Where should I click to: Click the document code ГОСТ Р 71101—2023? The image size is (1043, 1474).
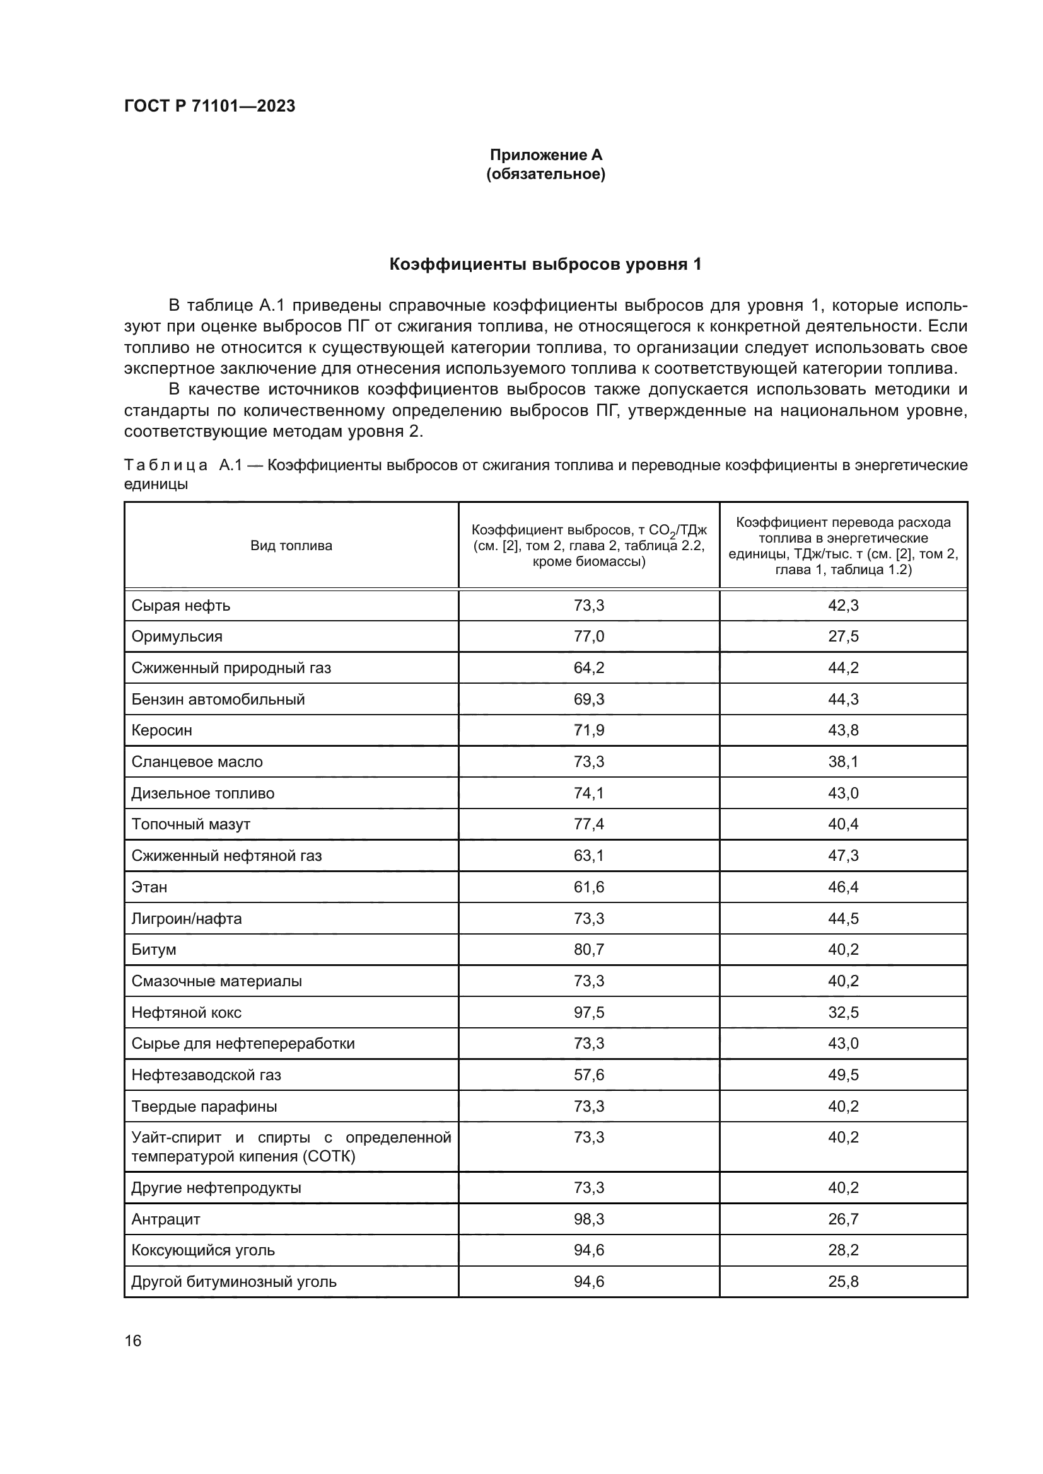[x=209, y=106]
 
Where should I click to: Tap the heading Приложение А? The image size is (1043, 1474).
[x=545, y=155]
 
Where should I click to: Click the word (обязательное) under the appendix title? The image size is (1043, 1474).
[x=545, y=174]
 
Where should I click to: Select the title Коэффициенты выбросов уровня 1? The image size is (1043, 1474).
[x=545, y=264]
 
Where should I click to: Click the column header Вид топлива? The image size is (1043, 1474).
[x=291, y=546]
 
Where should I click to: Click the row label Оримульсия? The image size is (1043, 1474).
[x=177, y=636]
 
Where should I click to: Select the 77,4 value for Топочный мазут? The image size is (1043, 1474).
[x=588, y=824]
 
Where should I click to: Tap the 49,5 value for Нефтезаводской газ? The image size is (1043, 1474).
[x=842, y=1074]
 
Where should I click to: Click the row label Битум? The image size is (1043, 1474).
[x=153, y=950]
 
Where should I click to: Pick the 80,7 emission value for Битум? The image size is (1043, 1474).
[x=588, y=950]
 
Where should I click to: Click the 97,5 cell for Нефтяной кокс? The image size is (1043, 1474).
[x=588, y=1013]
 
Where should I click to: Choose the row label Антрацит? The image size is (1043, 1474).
[x=166, y=1219]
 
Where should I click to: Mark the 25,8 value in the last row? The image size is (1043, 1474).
[x=842, y=1282]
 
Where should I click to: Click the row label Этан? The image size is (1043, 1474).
[x=149, y=887]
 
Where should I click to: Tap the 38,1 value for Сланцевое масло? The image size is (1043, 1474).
[x=842, y=761]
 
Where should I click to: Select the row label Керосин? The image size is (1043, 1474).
[x=162, y=730]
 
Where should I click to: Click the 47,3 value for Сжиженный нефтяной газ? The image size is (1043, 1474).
[x=842, y=855]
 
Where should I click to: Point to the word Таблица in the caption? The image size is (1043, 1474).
[x=165, y=465]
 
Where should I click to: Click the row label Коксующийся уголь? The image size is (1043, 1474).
[x=203, y=1250]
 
